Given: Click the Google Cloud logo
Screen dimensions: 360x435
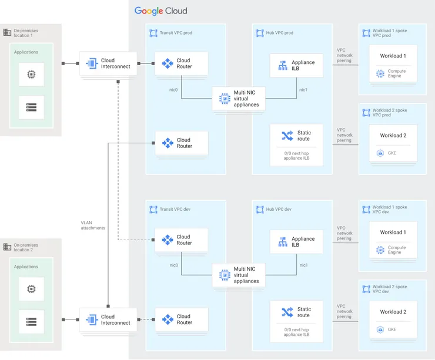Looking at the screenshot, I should [160, 11].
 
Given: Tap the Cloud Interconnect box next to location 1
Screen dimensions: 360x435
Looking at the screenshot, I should [108, 63].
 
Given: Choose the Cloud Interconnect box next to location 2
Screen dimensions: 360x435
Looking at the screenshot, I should [108, 319].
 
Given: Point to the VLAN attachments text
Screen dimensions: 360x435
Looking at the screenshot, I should [93, 225].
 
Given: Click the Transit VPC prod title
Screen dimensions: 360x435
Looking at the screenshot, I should [176, 33].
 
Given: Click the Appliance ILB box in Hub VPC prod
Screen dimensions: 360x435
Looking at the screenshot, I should [296, 66].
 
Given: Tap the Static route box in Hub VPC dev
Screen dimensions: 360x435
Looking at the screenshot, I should [296, 312].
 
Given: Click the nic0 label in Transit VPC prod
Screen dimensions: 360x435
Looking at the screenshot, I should [173, 89].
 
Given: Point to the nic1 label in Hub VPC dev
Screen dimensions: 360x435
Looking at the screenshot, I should [303, 265].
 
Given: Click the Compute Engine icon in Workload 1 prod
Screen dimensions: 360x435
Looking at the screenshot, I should [380, 74].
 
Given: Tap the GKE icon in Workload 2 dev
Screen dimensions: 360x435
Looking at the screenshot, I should [380, 329].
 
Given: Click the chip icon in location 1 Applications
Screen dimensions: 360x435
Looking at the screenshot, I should [31, 75].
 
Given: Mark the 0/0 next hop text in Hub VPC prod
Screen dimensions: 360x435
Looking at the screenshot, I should [296, 156].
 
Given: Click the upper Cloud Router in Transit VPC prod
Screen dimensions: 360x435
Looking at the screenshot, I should [182, 63].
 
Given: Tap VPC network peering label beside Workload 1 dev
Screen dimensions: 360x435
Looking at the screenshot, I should [344, 233].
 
